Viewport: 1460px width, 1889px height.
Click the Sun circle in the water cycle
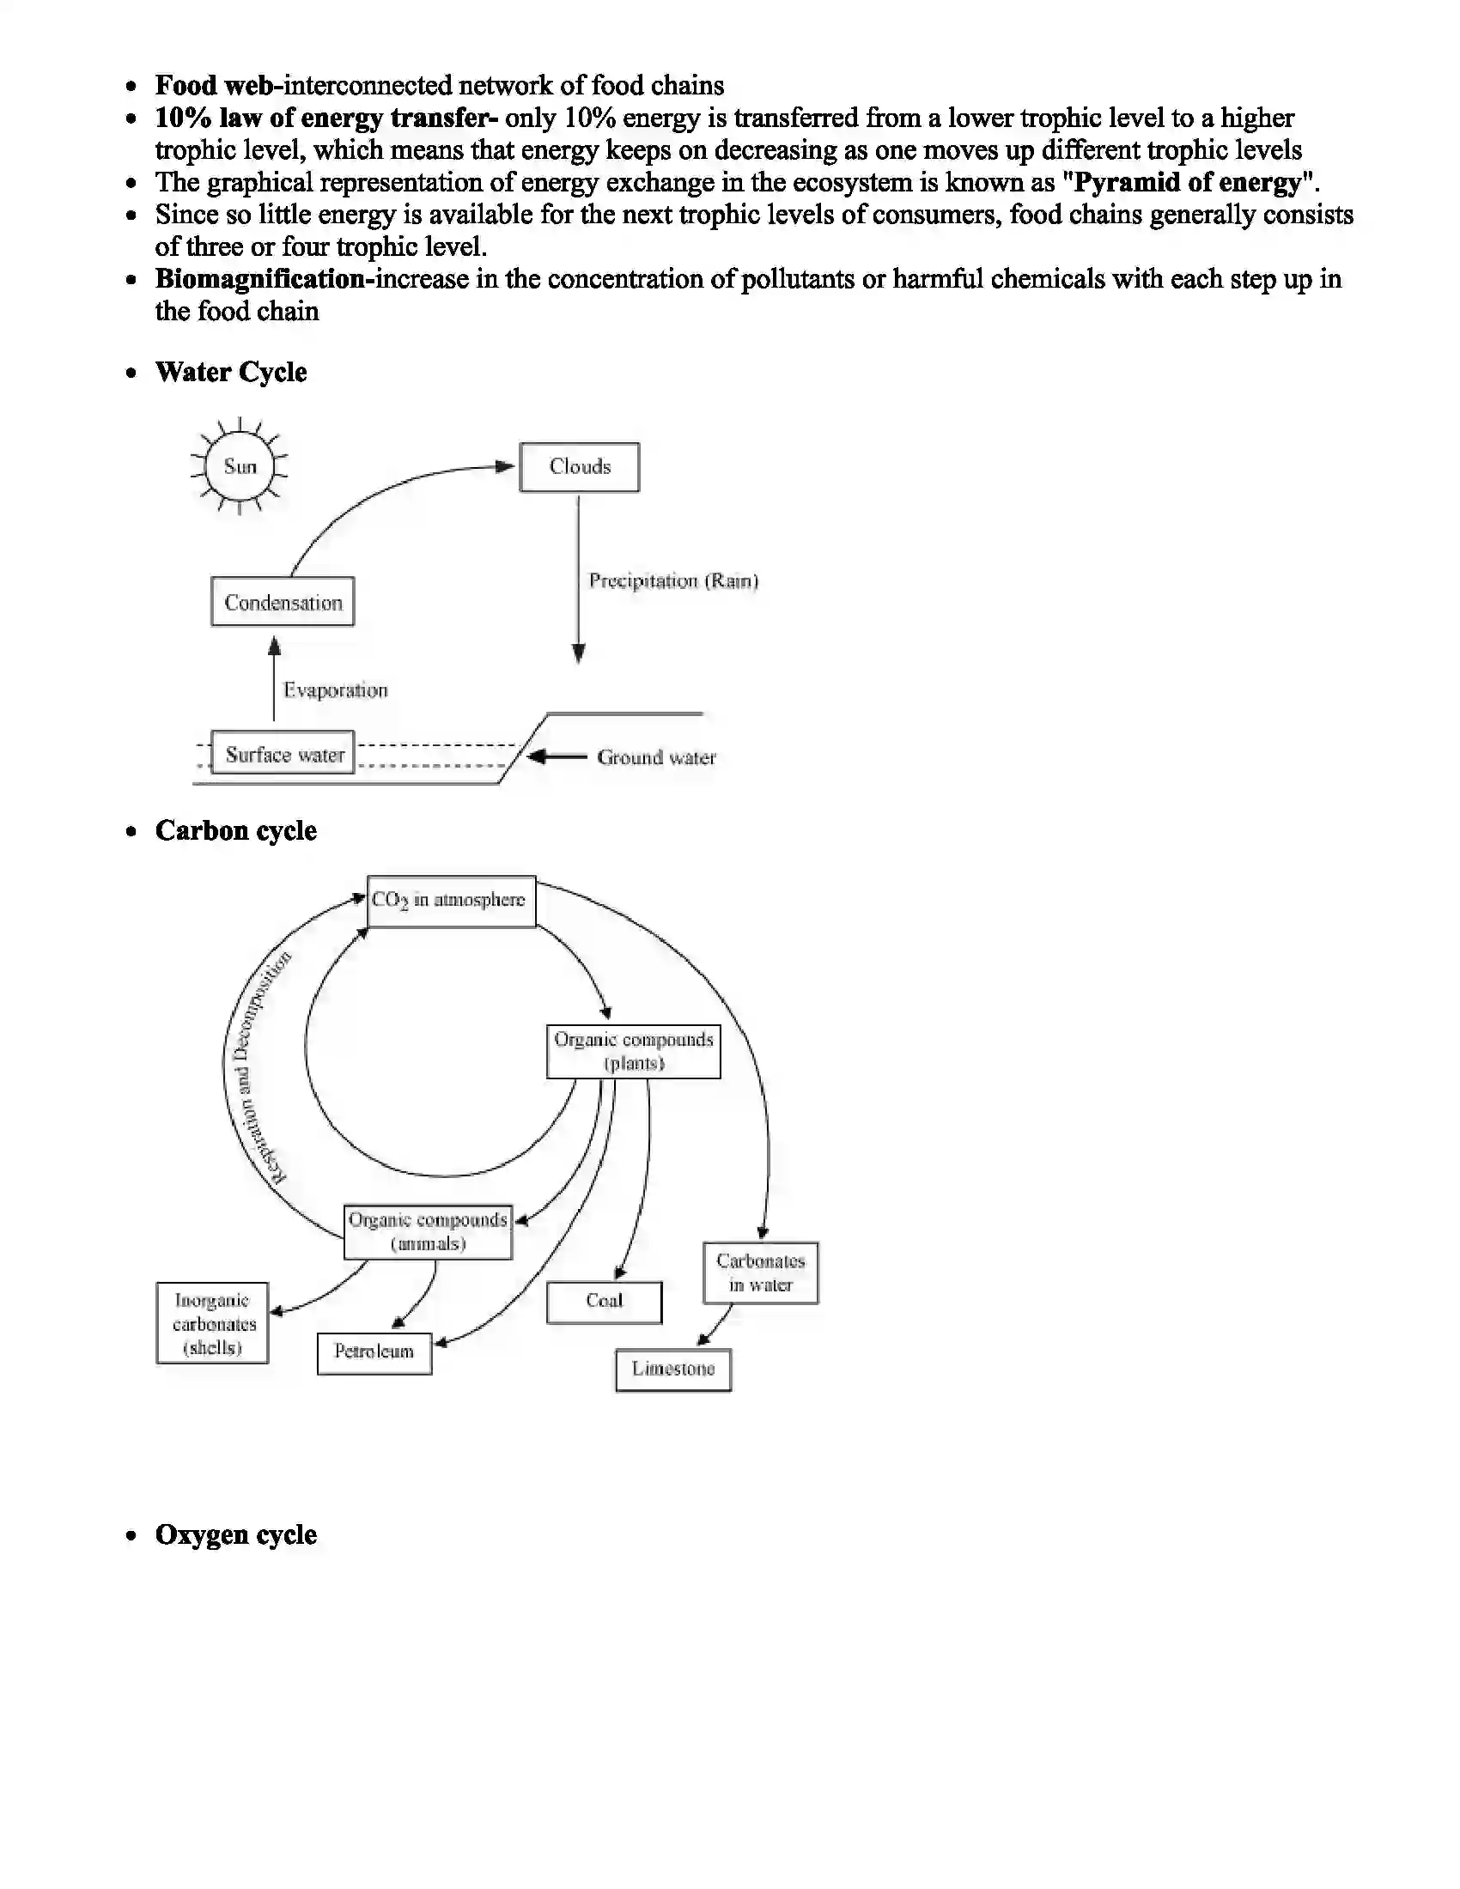click(240, 466)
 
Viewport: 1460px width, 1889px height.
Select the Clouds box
click(580, 467)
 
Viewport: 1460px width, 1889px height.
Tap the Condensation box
click(283, 602)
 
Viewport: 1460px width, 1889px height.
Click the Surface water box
click(283, 754)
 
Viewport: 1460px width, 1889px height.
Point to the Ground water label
click(656, 757)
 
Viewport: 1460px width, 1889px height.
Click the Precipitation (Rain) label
click(673, 580)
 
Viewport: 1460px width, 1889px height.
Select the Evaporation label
click(336, 690)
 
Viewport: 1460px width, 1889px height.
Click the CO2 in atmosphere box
click(451, 901)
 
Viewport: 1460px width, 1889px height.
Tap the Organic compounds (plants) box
click(633, 1051)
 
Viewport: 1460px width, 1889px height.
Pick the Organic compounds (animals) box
click(429, 1231)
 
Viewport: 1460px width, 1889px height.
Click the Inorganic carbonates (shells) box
click(213, 1323)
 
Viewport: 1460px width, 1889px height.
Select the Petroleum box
click(374, 1351)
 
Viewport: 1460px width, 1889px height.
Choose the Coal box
click(604, 1302)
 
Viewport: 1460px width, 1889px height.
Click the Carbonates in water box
click(760, 1273)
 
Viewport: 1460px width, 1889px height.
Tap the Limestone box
click(673, 1370)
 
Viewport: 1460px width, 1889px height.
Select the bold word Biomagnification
click(260, 279)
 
